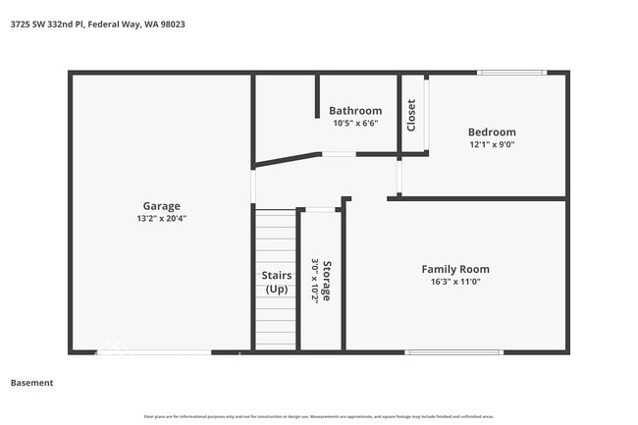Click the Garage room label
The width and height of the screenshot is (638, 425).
162,206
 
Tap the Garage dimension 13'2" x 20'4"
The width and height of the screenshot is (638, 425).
162,219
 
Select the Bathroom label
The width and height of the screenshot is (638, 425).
355,111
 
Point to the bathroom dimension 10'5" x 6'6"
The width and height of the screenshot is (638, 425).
355,123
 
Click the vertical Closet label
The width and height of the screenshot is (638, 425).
412,115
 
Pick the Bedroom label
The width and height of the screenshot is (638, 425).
491,133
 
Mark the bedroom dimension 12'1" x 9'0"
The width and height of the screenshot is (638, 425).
491,144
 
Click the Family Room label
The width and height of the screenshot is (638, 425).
455,269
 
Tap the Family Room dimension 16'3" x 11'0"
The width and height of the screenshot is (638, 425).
455,282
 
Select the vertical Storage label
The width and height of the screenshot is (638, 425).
327,281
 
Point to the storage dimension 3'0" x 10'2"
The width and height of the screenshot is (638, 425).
315,281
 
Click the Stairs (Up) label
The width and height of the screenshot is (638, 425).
277,283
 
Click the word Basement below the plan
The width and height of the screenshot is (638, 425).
31,383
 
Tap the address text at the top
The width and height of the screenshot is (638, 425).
97,24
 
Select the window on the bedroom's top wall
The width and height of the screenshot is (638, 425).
511,72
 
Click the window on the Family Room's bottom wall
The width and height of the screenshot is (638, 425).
454,351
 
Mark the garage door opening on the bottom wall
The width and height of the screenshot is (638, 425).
153,351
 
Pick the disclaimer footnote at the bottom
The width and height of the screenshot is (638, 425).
318,417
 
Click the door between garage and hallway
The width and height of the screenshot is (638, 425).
253,186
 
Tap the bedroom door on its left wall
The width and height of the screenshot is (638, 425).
399,177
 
